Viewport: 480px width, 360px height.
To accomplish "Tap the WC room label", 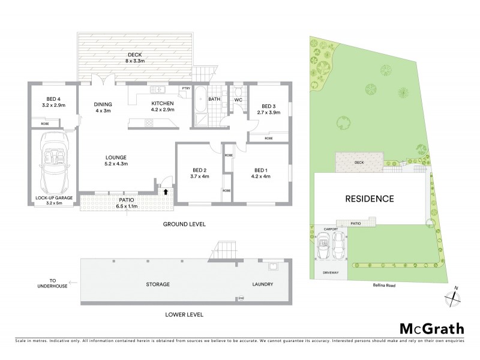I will (238, 99).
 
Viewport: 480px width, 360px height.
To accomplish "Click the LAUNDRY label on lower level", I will (263, 284).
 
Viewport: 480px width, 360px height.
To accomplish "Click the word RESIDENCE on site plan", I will (369, 199).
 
